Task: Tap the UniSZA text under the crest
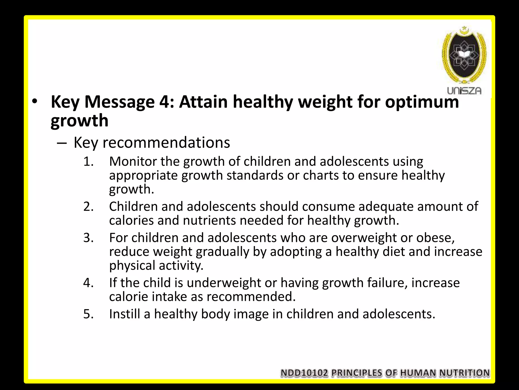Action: (464, 91)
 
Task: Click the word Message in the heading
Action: (119, 102)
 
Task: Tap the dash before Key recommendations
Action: (62, 143)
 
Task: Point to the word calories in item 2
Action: (131, 220)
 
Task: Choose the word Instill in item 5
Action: (124, 314)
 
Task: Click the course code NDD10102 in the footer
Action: (304, 373)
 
